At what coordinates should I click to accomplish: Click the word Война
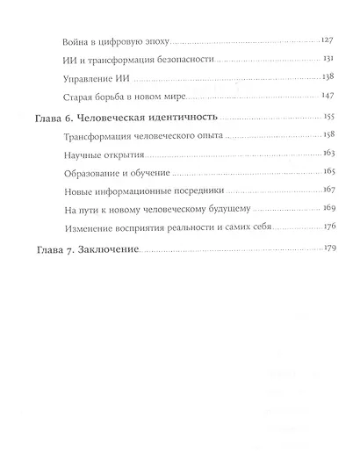coord(80,42)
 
